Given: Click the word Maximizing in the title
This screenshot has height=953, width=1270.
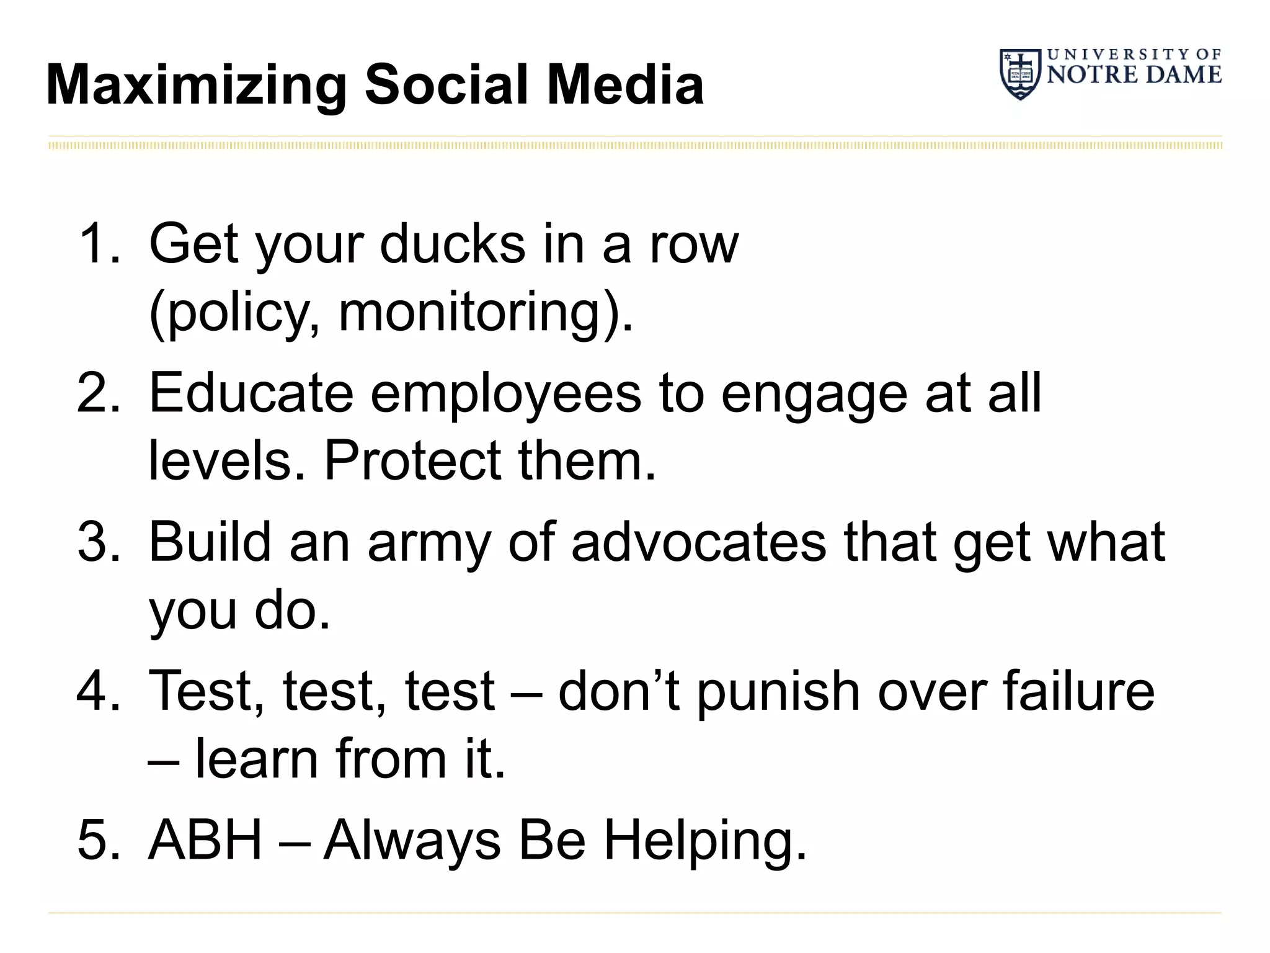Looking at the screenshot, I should [196, 86].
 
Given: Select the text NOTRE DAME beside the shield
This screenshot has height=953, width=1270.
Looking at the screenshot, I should [1134, 74].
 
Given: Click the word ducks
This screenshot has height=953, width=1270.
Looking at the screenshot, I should [452, 243].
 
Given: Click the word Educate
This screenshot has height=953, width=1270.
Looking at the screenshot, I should [251, 392].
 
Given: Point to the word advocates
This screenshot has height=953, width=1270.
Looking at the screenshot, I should [698, 542].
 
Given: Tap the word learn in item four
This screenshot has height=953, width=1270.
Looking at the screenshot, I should [257, 758].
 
